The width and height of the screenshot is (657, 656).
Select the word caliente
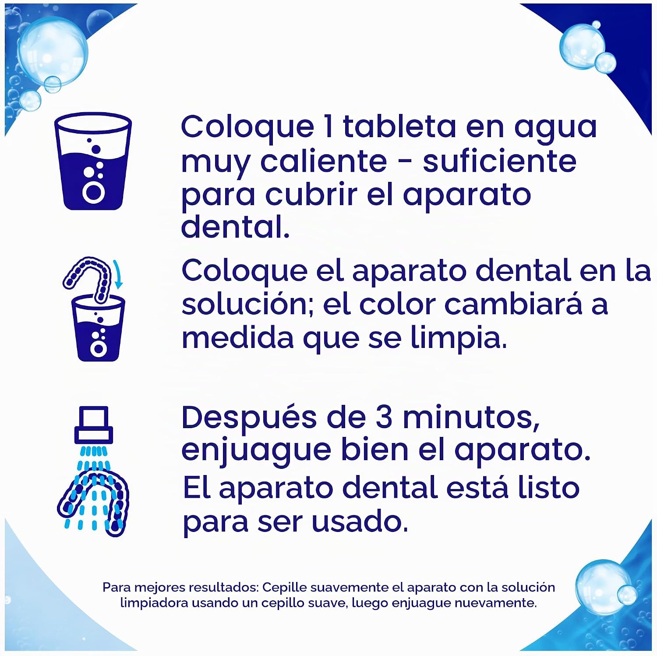[324, 161]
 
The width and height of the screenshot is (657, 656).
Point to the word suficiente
[499, 161]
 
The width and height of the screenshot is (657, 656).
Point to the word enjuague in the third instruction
[256, 451]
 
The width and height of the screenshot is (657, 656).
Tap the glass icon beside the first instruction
[93, 161]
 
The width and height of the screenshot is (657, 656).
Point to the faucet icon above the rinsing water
[94, 424]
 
